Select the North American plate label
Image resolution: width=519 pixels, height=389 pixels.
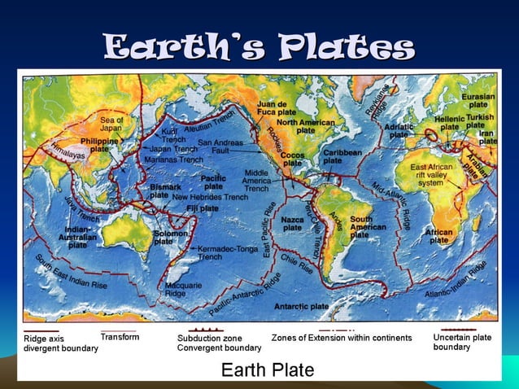pos(305,126)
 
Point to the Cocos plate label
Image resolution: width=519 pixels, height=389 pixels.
pos(293,158)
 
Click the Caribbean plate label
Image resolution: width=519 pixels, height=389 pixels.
pos(342,156)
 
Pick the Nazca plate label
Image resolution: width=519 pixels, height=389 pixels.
pos(292,224)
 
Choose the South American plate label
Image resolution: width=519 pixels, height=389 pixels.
pos(367,226)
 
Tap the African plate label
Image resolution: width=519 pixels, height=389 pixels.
pos(439,236)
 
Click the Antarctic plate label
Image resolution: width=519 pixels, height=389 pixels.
pos(301,306)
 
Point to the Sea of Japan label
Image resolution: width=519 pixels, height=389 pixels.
pos(111,124)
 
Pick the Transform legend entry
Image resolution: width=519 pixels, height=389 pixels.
pos(120,337)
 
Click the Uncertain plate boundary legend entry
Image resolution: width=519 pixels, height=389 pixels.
pos(462,342)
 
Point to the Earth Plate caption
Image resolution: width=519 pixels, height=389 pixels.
pos(268,370)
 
